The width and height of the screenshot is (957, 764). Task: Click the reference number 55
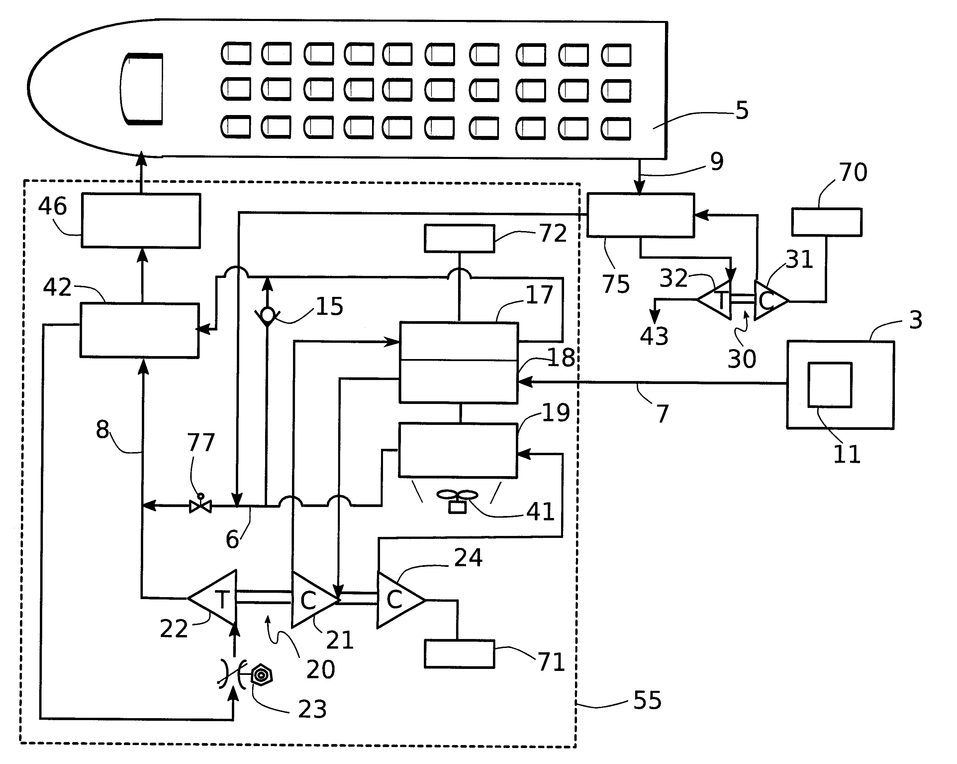click(x=647, y=700)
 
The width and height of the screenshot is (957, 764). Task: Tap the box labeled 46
click(x=141, y=220)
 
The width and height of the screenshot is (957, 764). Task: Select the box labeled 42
click(x=140, y=330)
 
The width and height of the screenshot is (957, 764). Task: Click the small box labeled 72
click(x=459, y=238)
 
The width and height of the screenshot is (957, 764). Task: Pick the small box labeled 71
click(x=459, y=654)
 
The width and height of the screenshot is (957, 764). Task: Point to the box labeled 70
click(x=826, y=222)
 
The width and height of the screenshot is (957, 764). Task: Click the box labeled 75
click(x=640, y=215)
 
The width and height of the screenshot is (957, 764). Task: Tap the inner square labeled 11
click(x=829, y=385)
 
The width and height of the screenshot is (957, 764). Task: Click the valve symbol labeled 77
click(x=200, y=505)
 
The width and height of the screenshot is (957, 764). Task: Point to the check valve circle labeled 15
click(x=267, y=315)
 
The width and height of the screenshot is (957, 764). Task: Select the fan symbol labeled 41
click(x=457, y=501)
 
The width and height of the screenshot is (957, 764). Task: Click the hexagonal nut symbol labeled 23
click(x=261, y=675)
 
